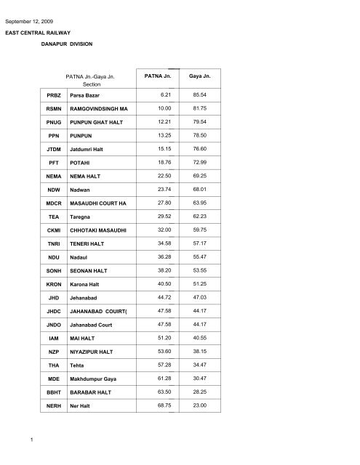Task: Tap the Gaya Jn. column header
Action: click(x=200, y=76)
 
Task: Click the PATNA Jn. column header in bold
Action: click(x=159, y=76)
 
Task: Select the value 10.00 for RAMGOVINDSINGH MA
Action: click(x=160, y=108)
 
